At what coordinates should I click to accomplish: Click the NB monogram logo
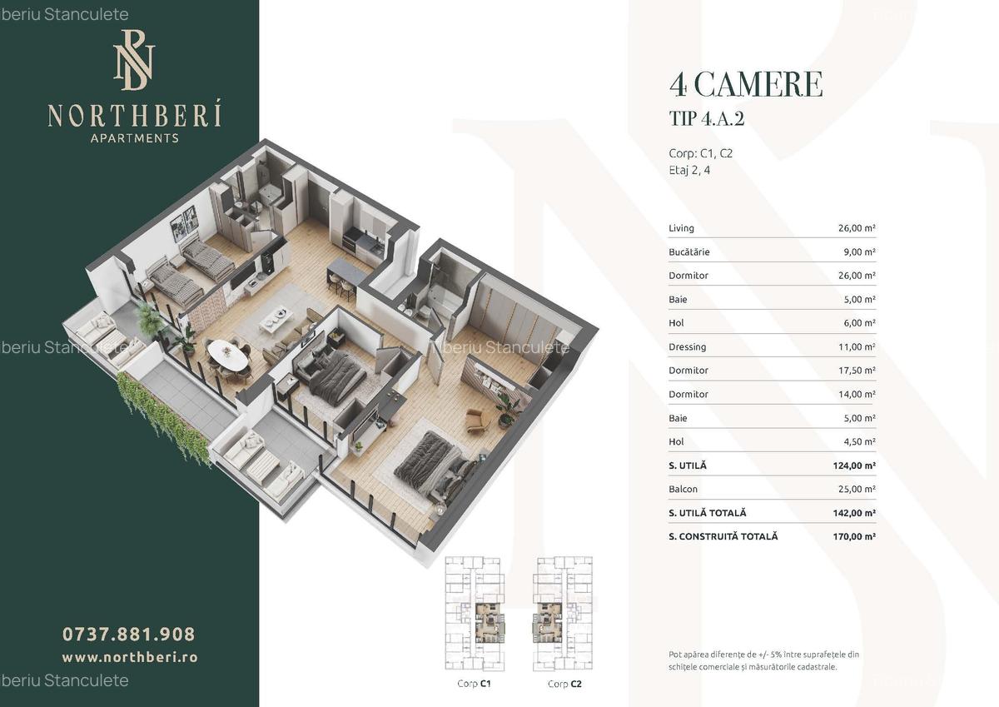[134, 60]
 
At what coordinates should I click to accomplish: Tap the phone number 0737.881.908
[129, 634]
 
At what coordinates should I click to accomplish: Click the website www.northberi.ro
[130, 657]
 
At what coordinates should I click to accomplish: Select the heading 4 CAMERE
[746, 85]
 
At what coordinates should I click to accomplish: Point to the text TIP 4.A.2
[706, 119]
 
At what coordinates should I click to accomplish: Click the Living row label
[681, 228]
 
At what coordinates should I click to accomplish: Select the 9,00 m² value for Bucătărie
[857, 251]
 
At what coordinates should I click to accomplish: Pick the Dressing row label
[687, 346]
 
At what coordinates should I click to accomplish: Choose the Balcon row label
[683, 489]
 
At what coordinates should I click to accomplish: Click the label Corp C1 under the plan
[474, 684]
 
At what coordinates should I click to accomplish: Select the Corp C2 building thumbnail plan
[564, 615]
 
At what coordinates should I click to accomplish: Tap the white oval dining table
[226, 356]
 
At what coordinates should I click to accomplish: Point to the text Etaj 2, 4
[689, 171]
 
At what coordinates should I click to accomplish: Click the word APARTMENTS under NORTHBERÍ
[134, 138]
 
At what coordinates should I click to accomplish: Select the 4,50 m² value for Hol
[857, 441]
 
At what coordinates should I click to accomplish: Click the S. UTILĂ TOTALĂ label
[707, 513]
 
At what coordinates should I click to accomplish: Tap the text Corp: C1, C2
[700, 153]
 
